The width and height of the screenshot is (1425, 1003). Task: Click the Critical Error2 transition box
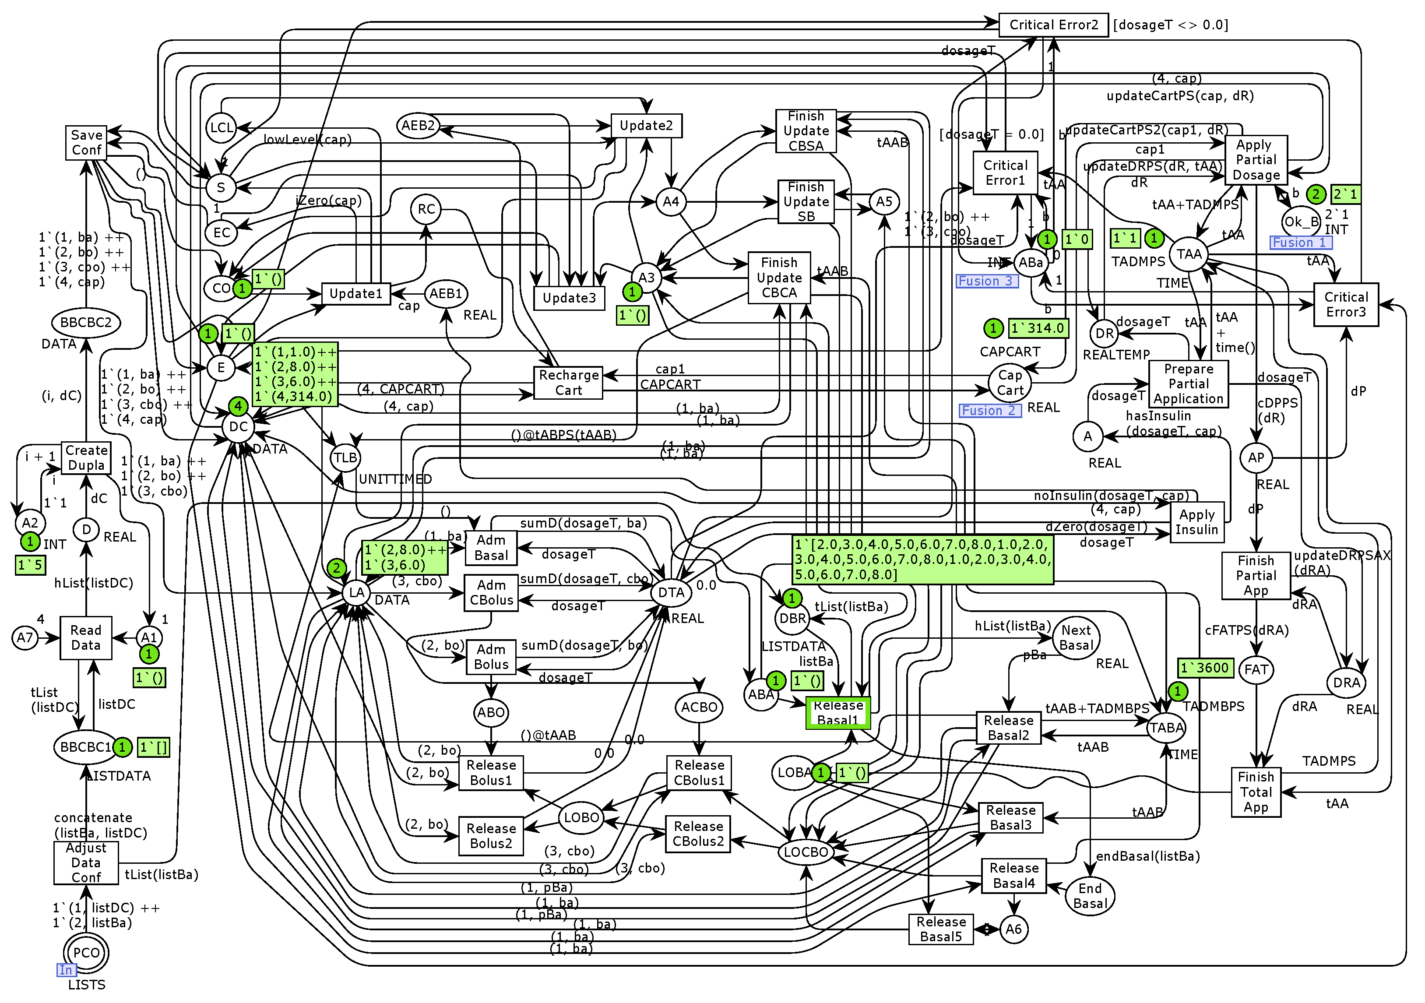point(1053,25)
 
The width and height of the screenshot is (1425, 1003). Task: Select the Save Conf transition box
point(86,143)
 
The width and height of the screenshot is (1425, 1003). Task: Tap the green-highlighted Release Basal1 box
point(838,713)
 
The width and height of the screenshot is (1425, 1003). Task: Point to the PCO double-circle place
point(86,953)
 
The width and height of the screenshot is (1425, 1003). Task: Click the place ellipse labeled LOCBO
point(806,852)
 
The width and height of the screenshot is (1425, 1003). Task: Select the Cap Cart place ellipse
point(1010,383)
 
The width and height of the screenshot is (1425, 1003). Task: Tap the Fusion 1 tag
point(1300,243)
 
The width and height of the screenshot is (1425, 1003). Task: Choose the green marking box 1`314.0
point(1038,328)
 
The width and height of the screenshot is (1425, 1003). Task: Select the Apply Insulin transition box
point(1196,522)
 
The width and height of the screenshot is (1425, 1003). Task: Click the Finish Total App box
point(1256,792)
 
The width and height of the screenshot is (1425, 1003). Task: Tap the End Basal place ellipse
point(1090,896)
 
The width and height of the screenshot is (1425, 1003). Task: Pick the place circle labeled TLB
point(345,458)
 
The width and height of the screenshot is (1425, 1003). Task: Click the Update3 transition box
point(569,298)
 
